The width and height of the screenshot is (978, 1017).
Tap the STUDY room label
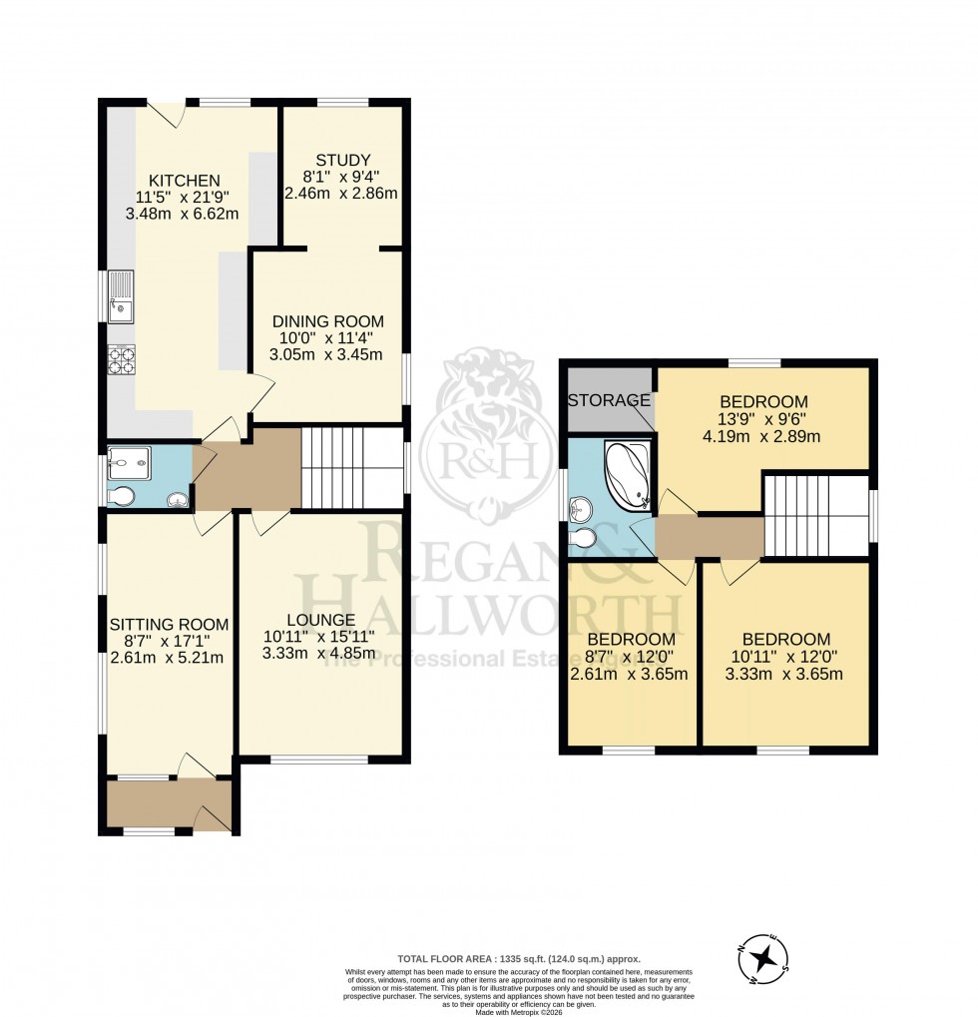pyautogui.click(x=343, y=160)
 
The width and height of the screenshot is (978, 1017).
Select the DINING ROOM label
pyautogui.click(x=328, y=321)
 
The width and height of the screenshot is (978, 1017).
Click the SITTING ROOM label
pyautogui.click(x=169, y=625)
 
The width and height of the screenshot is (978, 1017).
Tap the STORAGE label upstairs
pyautogui.click(x=609, y=400)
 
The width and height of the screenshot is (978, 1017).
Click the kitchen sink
pyautogui.click(x=122, y=296)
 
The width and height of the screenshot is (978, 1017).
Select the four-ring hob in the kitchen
pyautogui.click(x=121, y=359)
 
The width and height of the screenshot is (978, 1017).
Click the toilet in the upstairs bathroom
pyautogui.click(x=583, y=540)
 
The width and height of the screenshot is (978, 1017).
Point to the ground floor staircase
pyautogui.click(x=351, y=467)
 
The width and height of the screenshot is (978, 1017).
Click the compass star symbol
pyautogui.click(x=764, y=959)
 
